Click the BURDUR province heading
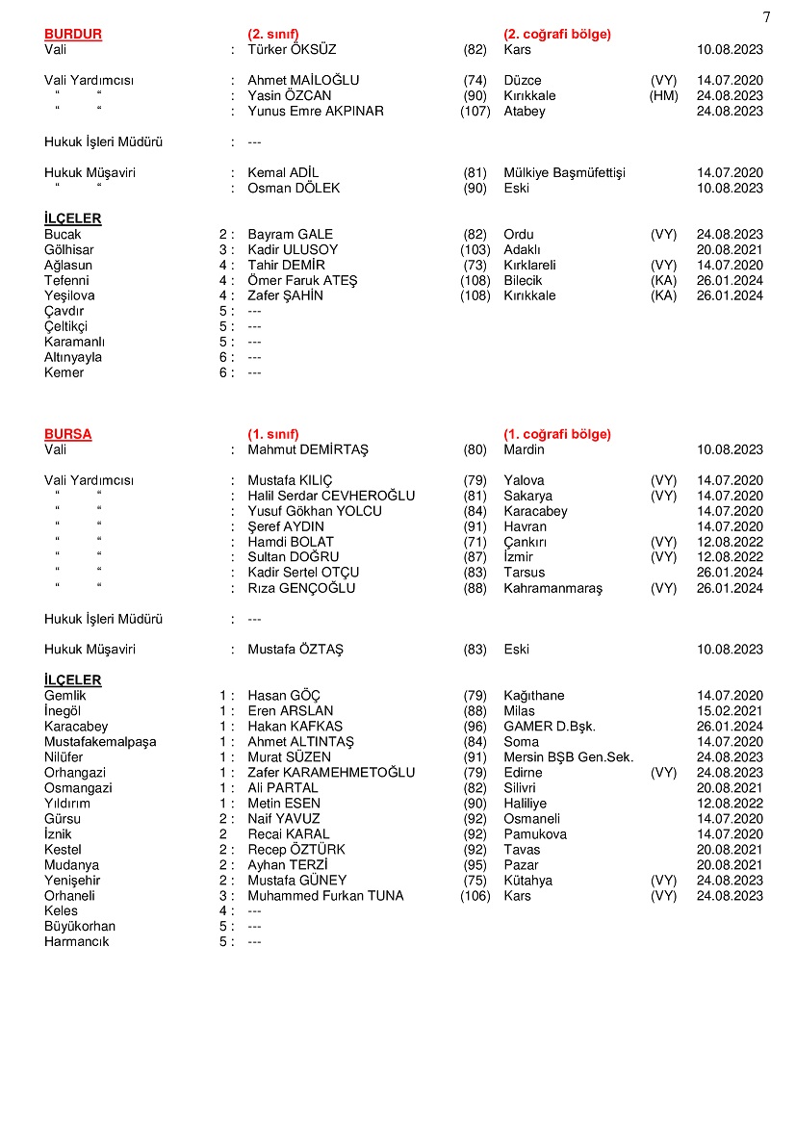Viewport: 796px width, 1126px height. click(73, 34)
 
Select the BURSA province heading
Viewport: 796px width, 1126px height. click(68, 434)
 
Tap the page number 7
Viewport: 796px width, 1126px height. click(766, 16)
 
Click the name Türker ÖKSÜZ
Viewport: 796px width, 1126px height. click(292, 49)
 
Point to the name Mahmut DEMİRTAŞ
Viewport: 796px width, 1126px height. click(308, 449)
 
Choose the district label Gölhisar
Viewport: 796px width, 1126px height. click(69, 249)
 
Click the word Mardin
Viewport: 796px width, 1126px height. click(524, 449)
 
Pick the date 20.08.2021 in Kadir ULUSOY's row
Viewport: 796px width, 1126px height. click(730, 249)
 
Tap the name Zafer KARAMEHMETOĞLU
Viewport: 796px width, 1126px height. click(331, 773)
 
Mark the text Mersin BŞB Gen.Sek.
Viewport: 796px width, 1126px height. click(569, 757)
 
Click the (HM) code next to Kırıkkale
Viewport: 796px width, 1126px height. click(664, 95)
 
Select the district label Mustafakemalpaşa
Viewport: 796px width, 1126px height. click(100, 742)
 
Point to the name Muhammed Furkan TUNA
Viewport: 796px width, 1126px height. click(325, 896)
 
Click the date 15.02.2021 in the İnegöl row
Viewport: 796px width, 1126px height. click(730, 711)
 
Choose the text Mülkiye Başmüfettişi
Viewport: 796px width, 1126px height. click(564, 172)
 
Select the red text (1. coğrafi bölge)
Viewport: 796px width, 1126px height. click(557, 434)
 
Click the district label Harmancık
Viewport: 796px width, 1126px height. click(77, 942)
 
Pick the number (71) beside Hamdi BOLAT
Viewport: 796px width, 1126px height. click(475, 542)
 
